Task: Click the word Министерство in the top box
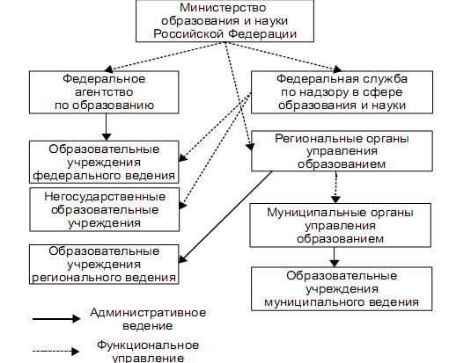click(x=223, y=8)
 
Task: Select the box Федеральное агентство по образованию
click(x=104, y=92)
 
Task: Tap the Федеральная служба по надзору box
click(x=342, y=92)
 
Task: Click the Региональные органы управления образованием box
click(x=342, y=151)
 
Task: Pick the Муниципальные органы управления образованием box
click(x=341, y=225)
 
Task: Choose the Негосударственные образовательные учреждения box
click(x=104, y=209)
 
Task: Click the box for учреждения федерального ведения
click(x=104, y=162)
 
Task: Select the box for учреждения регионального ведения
click(x=104, y=265)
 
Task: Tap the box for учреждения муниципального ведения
click(x=342, y=288)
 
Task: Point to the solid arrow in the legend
click(x=56, y=318)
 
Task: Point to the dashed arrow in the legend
click(x=55, y=351)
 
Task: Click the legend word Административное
click(x=148, y=313)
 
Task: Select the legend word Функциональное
click(x=148, y=345)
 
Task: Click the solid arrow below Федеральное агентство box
click(x=107, y=127)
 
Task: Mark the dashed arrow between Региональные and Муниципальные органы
click(x=335, y=187)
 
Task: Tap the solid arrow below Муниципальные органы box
click(x=335, y=257)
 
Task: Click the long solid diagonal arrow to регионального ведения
click(x=225, y=217)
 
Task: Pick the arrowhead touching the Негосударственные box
click(x=182, y=205)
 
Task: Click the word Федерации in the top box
click(x=262, y=34)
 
